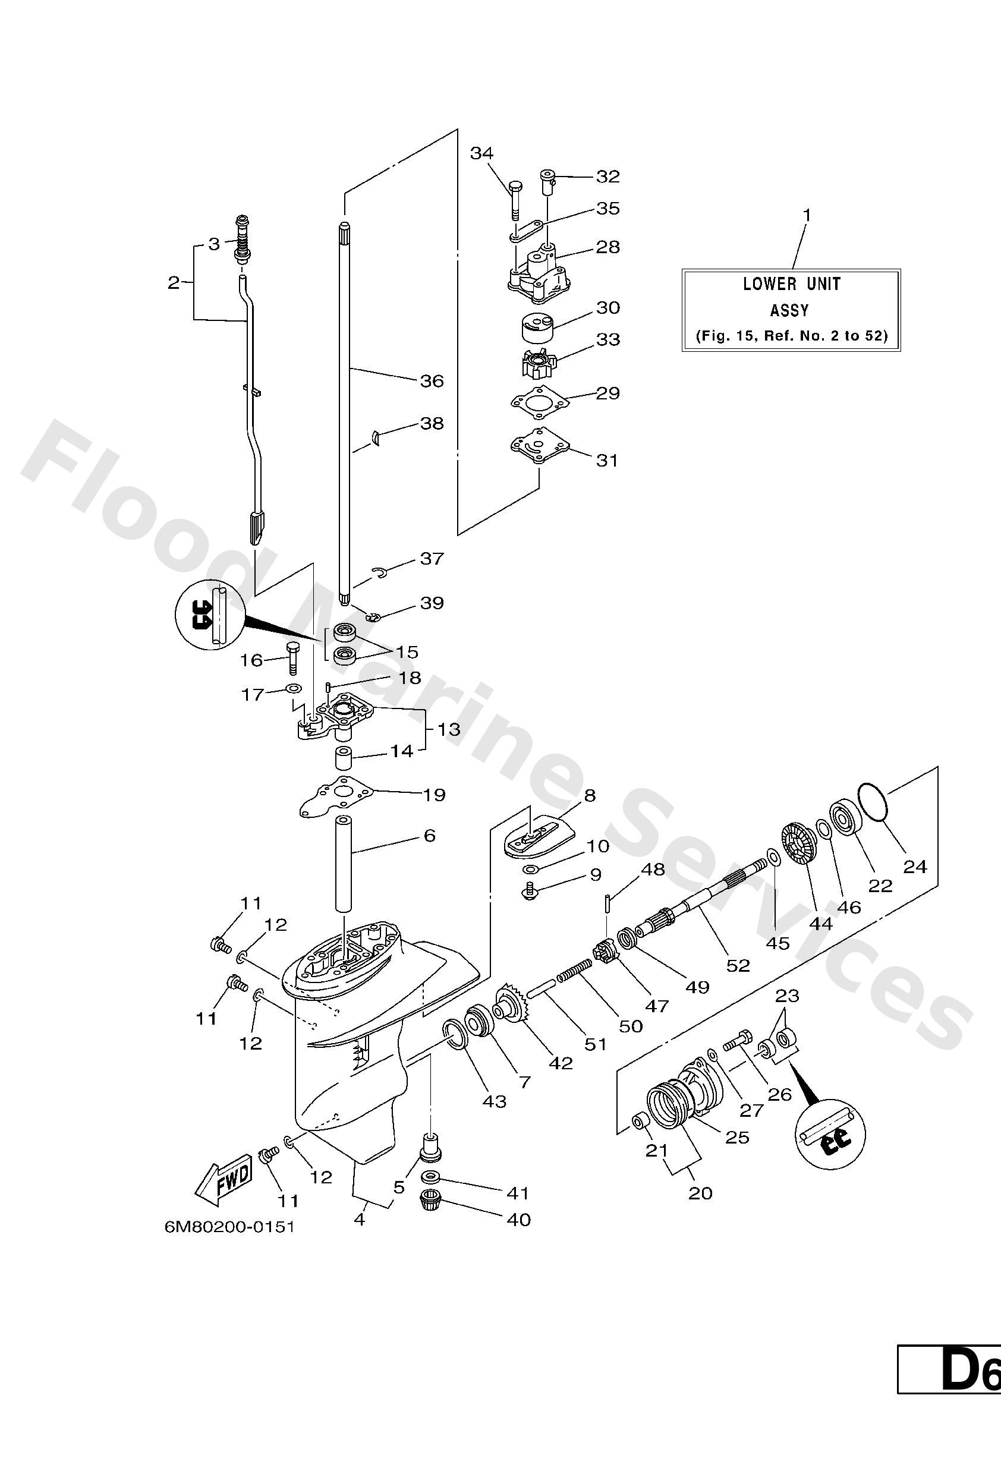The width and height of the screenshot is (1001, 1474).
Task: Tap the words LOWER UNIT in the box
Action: (x=792, y=284)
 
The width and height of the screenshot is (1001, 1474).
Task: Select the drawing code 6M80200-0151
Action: (x=229, y=1245)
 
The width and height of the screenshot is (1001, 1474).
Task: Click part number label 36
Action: (x=432, y=380)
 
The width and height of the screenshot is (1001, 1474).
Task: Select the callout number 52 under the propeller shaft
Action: (x=738, y=965)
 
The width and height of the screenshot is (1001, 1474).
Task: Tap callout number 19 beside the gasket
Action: (x=434, y=794)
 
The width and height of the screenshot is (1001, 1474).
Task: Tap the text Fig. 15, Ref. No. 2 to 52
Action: (x=791, y=336)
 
